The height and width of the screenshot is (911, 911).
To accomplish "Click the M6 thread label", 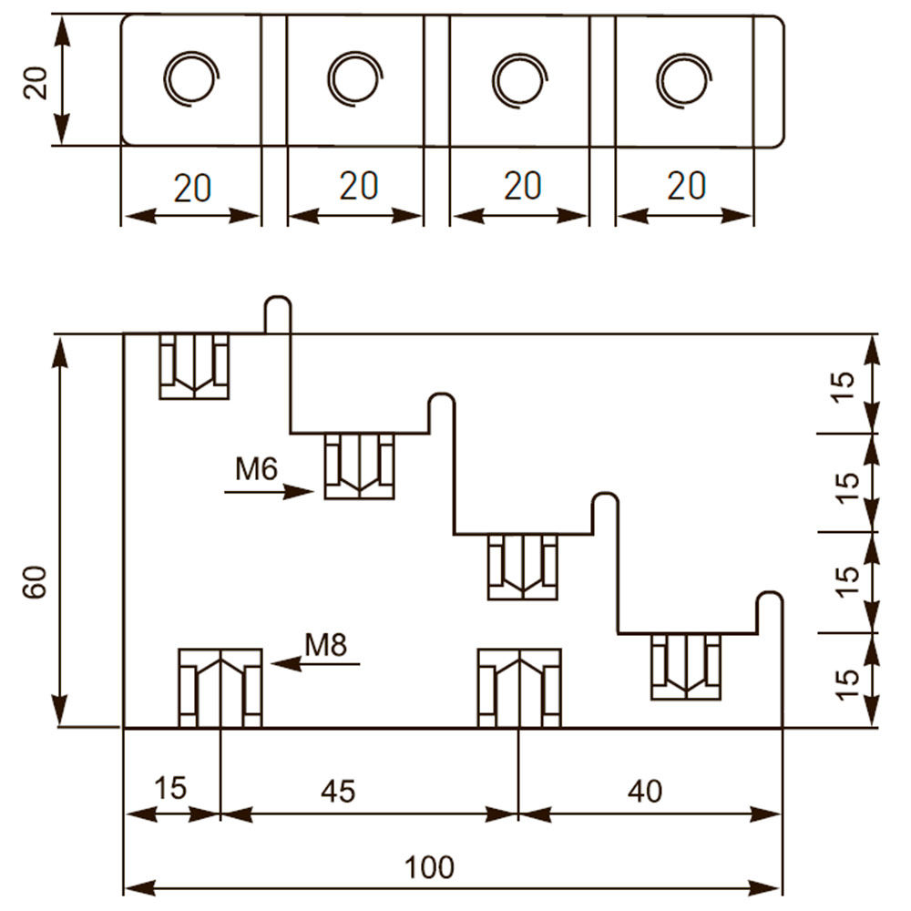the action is [256, 468].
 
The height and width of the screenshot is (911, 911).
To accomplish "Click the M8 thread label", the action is [326, 644].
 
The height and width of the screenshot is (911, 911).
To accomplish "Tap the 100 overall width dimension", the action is [429, 867].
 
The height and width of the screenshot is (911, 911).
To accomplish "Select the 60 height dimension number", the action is [35, 582].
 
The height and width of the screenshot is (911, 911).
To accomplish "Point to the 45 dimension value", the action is [338, 791].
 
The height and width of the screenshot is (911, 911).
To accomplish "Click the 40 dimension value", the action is [645, 791].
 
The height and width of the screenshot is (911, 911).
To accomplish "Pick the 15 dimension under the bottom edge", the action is [170, 788].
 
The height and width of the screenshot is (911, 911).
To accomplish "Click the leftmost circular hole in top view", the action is [190, 78].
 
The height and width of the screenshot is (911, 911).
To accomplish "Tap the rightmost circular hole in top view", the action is [684, 79].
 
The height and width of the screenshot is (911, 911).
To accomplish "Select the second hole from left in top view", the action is [355, 78].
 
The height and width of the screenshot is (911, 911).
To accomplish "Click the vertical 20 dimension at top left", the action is [35, 83].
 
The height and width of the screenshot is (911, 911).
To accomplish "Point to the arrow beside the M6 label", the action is [269, 492].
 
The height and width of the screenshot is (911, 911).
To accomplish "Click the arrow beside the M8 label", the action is [315, 663].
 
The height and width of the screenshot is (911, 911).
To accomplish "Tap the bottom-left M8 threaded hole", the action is [220, 688].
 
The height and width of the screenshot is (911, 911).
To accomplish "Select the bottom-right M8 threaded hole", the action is [519, 688].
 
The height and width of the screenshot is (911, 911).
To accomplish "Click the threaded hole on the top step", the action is [194, 366].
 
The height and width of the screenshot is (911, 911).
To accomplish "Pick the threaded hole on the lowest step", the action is [686, 667].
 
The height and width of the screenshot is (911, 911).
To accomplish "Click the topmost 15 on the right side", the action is [845, 385].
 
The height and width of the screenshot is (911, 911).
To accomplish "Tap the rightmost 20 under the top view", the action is [686, 185].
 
